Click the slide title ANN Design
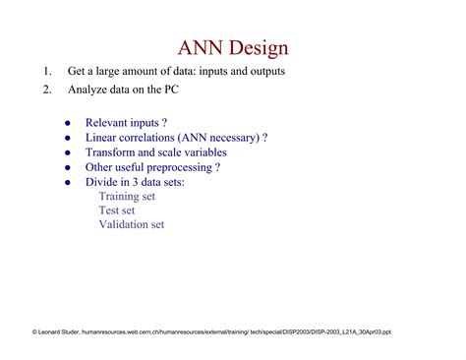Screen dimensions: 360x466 pyautogui.click(x=233, y=47)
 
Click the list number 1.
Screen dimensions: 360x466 pyautogui.click(x=45, y=72)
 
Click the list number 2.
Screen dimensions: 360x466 pyautogui.click(x=46, y=90)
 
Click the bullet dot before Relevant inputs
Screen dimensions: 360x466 pyautogui.click(x=67, y=124)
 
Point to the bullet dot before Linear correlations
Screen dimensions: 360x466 pyautogui.click(x=67, y=139)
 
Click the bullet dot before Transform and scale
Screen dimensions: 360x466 pyautogui.click(x=67, y=153)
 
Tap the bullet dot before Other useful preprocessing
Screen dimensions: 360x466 pyautogui.click(x=67, y=167)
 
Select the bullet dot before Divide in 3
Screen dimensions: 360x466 pyautogui.click(x=67, y=182)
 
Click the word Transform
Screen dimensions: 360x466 pyautogui.click(x=112, y=153)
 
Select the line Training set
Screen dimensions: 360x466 pyautogui.click(x=127, y=196)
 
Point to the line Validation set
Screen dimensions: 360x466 pyautogui.click(x=131, y=224)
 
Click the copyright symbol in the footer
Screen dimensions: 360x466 pyautogui.click(x=34, y=331)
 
